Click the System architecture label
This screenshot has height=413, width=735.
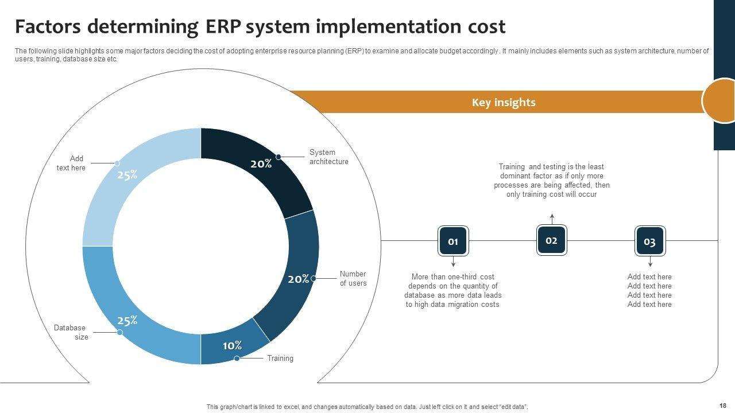pyautogui.click(x=328, y=157)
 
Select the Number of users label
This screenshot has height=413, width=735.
pyautogui.click(x=353, y=278)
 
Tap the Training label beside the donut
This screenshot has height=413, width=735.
pyautogui.click(x=280, y=359)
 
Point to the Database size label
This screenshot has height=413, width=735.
pyautogui.click(x=70, y=333)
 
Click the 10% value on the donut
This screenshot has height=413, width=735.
pyautogui.click(x=232, y=345)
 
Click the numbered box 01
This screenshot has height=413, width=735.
pyautogui.click(x=453, y=241)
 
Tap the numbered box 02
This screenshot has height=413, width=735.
pyautogui.click(x=551, y=240)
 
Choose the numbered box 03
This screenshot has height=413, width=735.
pyautogui.click(x=649, y=241)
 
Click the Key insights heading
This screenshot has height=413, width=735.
pyautogui.click(x=504, y=103)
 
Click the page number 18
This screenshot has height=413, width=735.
pyautogui.click(x=722, y=406)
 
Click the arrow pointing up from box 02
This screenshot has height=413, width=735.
pyautogui.click(x=552, y=218)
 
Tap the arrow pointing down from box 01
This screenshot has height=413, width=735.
pyautogui.click(x=453, y=263)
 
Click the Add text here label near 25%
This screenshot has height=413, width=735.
pyautogui.click(x=71, y=163)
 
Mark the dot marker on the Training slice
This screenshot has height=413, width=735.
pyautogui.click(x=237, y=359)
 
